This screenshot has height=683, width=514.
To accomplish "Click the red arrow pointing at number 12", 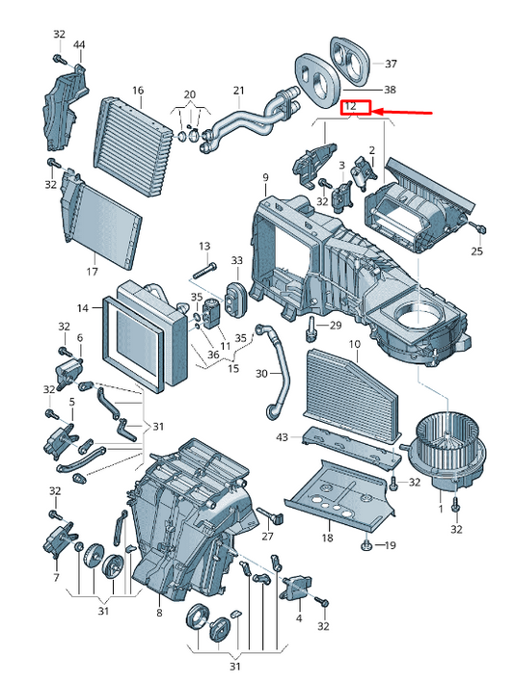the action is click(401, 113).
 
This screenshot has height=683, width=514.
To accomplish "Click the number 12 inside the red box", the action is click(350, 106).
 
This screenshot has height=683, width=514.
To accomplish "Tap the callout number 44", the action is click(79, 45).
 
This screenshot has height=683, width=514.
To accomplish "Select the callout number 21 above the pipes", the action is click(239, 91).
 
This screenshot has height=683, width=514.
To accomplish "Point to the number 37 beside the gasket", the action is click(391, 64).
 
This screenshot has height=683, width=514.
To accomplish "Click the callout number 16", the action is click(138, 91).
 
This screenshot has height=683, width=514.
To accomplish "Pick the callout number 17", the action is click(92, 272).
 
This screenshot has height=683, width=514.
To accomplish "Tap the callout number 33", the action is click(236, 260).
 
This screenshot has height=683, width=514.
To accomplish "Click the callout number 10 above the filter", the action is click(355, 344).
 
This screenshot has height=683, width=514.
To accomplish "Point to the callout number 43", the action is click(282, 436).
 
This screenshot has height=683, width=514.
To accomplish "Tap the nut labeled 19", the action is click(366, 544).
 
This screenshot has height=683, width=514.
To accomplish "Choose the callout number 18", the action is click(327, 538).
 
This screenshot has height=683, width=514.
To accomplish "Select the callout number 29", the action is click(336, 325).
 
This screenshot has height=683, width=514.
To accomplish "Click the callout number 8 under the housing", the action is click(159, 612).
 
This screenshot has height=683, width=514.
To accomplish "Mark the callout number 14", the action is click(83, 308).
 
